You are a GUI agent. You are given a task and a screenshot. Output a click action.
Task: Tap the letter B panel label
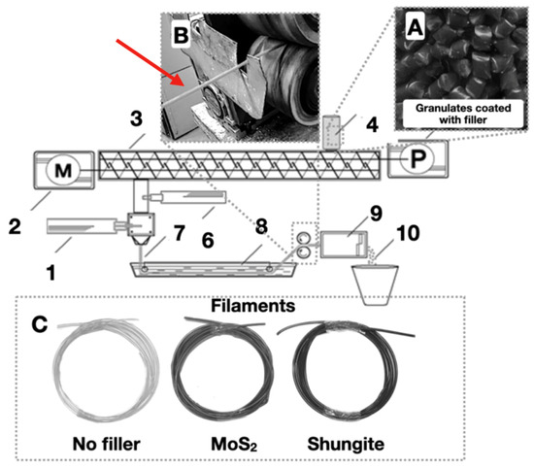181,37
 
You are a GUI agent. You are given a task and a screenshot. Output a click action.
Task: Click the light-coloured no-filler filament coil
108,369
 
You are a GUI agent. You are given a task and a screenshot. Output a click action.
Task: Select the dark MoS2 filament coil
229,369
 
